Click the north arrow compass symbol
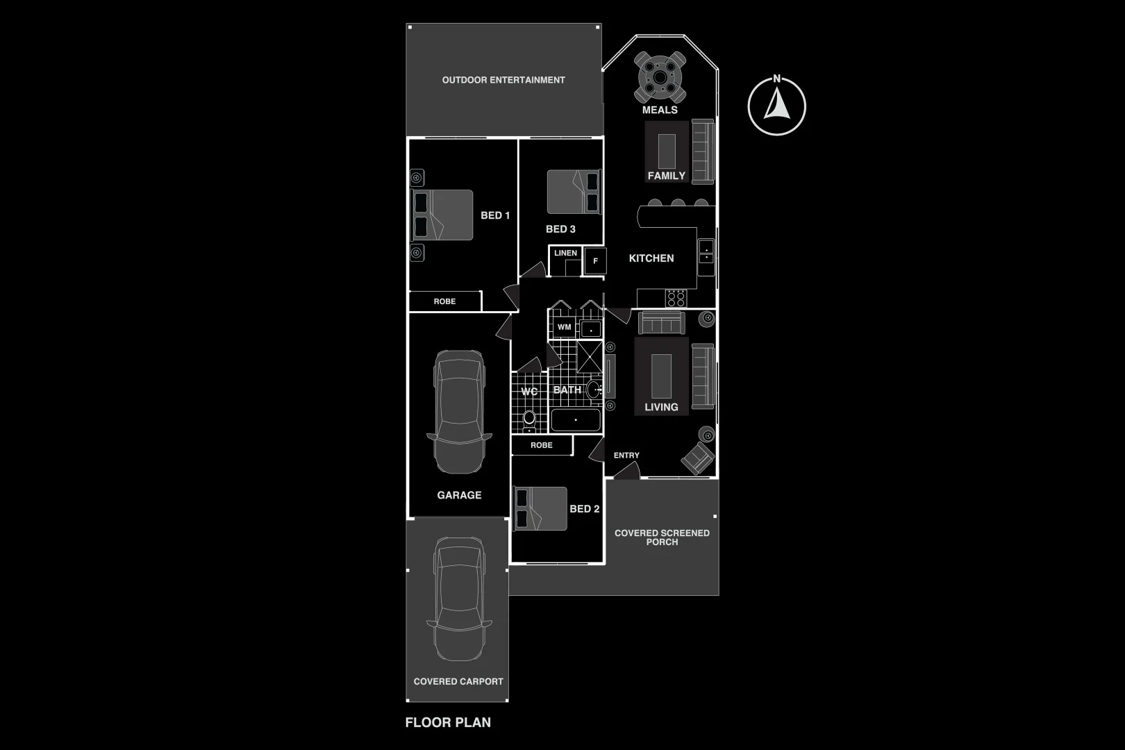(x=776, y=106)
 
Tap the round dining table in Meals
(x=660, y=76)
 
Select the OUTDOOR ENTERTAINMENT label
(x=503, y=80)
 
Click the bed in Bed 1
(x=442, y=215)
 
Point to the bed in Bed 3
(x=573, y=192)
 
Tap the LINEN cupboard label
(x=565, y=253)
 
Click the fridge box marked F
(x=595, y=261)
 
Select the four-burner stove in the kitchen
(x=676, y=298)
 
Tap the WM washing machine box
(x=564, y=327)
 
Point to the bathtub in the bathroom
(x=575, y=420)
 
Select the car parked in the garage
(x=458, y=412)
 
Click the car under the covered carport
(x=458, y=599)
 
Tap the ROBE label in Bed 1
(x=444, y=301)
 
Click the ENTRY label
(x=626, y=456)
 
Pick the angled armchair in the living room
(x=697, y=458)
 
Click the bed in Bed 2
(x=540, y=508)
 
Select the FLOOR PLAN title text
(x=448, y=722)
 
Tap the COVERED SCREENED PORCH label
(x=662, y=537)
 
